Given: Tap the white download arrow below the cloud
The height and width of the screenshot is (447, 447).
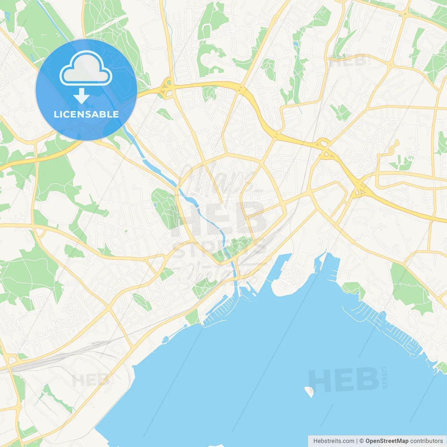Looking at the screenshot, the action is [81, 96].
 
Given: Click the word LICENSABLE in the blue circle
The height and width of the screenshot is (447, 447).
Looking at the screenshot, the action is [86, 114].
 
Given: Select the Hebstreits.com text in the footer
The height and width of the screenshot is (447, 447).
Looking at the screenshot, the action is [334, 441].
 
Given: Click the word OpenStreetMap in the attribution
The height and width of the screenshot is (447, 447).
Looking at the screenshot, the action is [387, 441].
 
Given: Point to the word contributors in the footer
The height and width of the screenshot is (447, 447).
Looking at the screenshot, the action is [426, 441].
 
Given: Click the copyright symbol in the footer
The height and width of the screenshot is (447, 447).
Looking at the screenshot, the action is [361, 441].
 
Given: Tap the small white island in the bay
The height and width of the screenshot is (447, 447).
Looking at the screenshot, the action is [309, 391].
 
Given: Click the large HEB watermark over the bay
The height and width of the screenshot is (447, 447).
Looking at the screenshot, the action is [344, 380].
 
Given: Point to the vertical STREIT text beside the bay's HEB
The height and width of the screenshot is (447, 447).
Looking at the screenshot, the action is [385, 377].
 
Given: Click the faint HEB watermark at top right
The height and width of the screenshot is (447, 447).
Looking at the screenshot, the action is [347, 62].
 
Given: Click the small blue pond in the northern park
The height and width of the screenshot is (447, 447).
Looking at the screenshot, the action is [296, 45].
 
